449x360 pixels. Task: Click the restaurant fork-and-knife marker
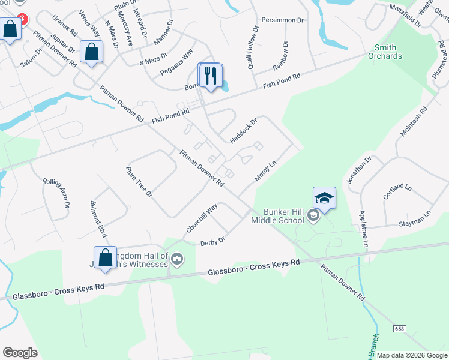pyautogui.click(x=210, y=76)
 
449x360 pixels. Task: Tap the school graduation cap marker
pyautogui.click(x=324, y=199)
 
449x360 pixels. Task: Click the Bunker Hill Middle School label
pyautogui.click(x=286, y=216)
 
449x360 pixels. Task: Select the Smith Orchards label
pyautogui.click(x=388, y=52)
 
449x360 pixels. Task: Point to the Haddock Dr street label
pyautogui.click(x=243, y=131)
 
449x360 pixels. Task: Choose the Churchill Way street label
pyautogui.click(x=202, y=218)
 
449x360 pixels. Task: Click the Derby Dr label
pyautogui.click(x=212, y=241)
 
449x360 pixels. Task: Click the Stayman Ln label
pyautogui.click(x=415, y=218)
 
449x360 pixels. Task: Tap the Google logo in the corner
pyautogui.click(x=20, y=352)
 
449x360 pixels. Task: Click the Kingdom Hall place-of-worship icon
pyautogui.click(x=176, y=259)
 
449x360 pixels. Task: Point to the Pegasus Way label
pyautogui.click(x=177, y=62)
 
